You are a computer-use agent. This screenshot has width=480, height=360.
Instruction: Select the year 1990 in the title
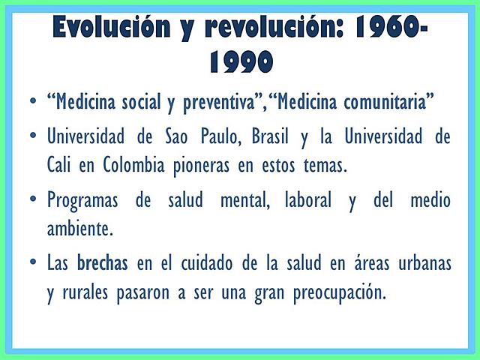[x=240, y=64]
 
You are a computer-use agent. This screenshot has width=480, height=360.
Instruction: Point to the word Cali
[x=60, y=165]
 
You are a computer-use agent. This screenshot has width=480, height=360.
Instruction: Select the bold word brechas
[x=102, y=263]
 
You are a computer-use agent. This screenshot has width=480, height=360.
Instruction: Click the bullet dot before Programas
[x=32, y=200]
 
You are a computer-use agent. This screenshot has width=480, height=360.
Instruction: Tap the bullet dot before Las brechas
[x=32, y=263]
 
